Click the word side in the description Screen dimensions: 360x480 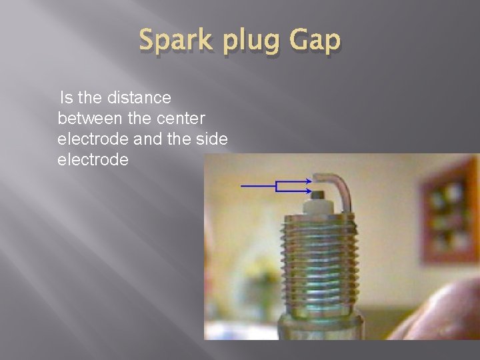(212, 139)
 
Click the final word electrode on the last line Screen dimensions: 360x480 (93, 160)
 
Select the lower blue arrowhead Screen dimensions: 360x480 (309, 191)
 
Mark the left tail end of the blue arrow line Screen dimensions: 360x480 (241, 186)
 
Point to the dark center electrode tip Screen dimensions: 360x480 (318, 194)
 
